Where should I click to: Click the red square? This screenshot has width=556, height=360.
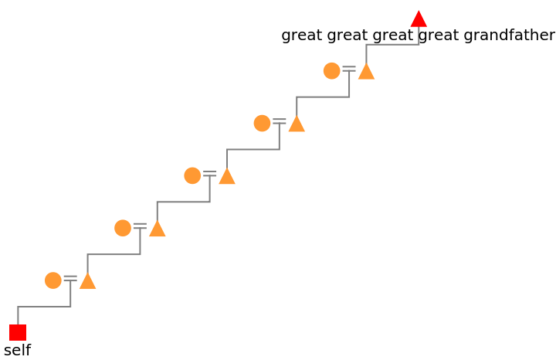(x=18, y=332)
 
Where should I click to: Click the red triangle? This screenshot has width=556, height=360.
(x=419, y=19)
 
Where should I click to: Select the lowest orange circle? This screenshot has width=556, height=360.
(x=53, y=280)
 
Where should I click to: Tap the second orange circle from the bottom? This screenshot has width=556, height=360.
(x=123, y=228)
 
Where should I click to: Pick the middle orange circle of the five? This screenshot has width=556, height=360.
(x=192, y=175)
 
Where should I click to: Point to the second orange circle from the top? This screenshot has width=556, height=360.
(x=262, y=123)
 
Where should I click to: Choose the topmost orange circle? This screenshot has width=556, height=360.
(x=331, y=70)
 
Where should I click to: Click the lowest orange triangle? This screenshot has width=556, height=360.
(x=87, y=281)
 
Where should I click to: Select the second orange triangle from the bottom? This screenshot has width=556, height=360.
(x=157, y=229)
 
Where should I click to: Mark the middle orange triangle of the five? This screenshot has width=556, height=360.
(x=226, y=176)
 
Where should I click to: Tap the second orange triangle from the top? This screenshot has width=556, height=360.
(x=297, y=124)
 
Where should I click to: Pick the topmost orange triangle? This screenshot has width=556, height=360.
(x=366, y=71)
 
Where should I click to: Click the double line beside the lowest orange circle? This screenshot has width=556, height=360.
(x=70, y=278)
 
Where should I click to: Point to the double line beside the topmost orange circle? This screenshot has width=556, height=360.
(x=349, y=68)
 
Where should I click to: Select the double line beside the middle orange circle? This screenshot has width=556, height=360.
(x=209, y=173)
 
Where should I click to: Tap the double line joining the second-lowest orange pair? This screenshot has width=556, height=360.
(x=140, y=226)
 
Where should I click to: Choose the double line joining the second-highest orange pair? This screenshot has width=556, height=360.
(x=280, y=121)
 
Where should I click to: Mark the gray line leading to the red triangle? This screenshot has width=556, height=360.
(x=392, y=44)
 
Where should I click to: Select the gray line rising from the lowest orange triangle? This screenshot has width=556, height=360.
(x=114, y=254)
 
